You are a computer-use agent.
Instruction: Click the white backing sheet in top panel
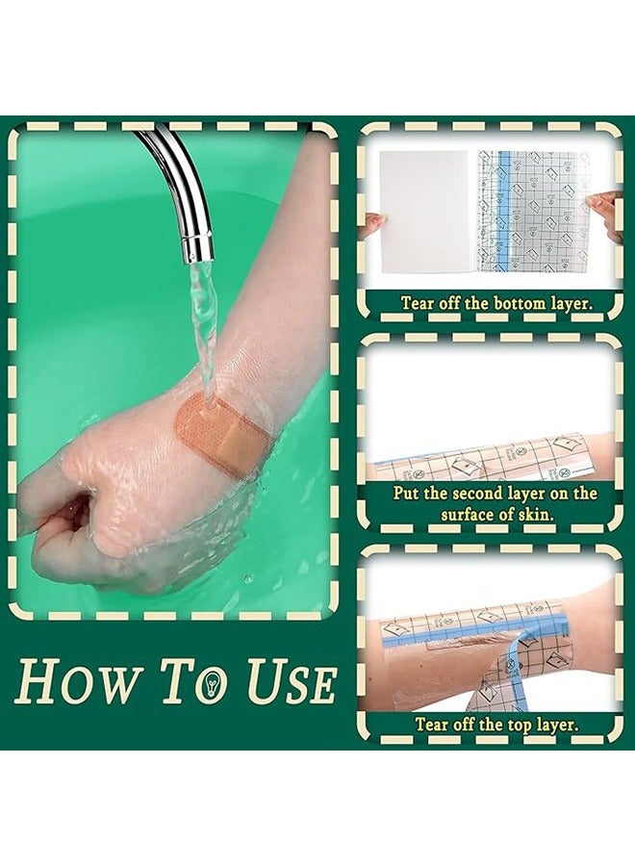click(x=422, y=212)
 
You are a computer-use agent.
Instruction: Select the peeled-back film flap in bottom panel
click(x=520, y=664)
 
